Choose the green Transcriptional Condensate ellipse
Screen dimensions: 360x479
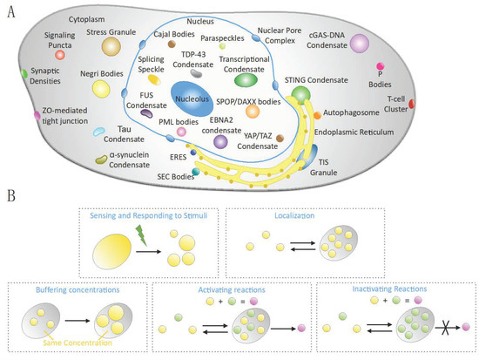(x=248, y=80)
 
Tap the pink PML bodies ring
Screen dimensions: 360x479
(x=181, y=132)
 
